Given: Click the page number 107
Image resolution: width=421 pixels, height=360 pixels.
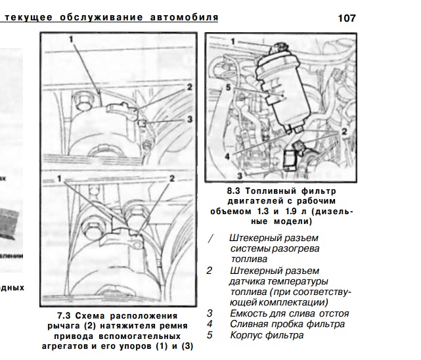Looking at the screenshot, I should point(346,18).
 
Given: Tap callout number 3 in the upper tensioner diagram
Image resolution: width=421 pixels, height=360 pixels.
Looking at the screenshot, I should point(188,120).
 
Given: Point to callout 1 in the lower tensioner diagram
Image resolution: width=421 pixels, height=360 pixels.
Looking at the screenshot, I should point(61,178).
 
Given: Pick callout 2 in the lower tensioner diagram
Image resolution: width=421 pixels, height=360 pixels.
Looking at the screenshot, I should point(172,178).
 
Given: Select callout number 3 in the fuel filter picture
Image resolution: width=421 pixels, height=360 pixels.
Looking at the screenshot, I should point(240,176).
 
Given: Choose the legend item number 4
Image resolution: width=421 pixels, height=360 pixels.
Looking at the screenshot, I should point(210,324).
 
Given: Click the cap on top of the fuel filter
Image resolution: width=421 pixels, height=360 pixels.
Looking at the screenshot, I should point(282,45).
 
